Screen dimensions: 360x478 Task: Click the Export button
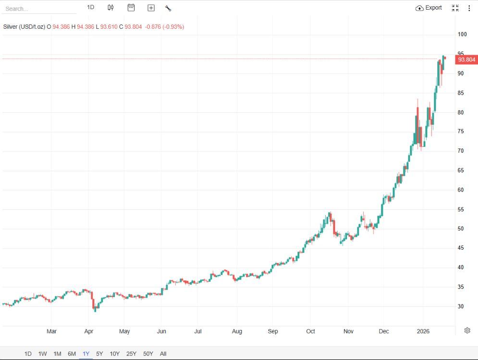tap(429, 8)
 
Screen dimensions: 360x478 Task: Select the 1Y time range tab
tap(86, 354)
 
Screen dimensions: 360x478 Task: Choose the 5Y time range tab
tap(99, 354)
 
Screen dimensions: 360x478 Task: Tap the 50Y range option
tap(148, 354)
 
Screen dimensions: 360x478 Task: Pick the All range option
tap(163, 354)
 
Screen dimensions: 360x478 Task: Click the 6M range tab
tap(72, 354)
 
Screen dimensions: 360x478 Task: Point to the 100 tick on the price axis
tap(462, 34)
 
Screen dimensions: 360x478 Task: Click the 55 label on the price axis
tap(461, 209)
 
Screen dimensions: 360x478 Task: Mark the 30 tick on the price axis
tap(461, 306)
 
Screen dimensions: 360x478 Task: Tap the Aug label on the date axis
tap(237, 331)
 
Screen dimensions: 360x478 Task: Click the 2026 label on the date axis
tap(423, 331)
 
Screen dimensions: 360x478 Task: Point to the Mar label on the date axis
tap(51, 331)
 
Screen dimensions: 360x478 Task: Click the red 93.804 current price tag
tap(466, 60)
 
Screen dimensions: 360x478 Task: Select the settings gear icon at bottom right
tap(467, 330)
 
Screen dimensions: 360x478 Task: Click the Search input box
tap(38, 9)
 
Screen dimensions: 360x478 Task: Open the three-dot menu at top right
tap(469, 8)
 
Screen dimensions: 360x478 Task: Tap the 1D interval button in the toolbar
tap(90, 7)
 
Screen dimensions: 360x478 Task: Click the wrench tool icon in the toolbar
tap(168, 8)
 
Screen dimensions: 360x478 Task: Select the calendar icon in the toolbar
tap(131, 8)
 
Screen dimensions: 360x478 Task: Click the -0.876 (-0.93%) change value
tap(164, 26)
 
